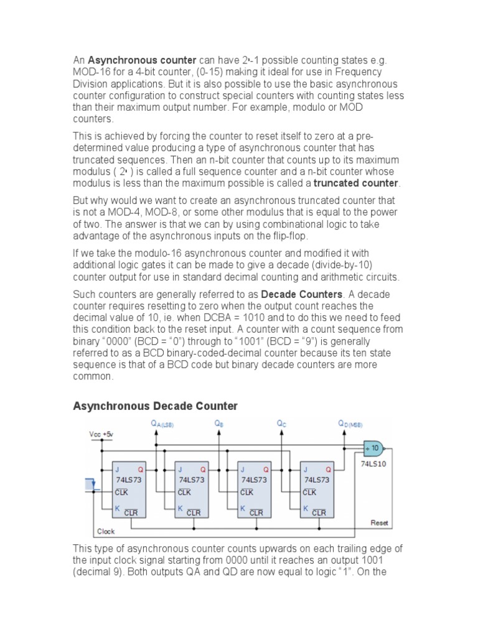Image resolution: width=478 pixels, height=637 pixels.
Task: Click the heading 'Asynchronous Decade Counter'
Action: click(155, 406)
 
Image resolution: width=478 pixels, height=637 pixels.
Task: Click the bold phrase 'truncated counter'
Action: click(355, 183)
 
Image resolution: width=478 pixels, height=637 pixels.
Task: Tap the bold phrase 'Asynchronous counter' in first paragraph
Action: click(142, 60)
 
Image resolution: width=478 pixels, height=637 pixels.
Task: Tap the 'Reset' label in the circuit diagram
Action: click(380, 523)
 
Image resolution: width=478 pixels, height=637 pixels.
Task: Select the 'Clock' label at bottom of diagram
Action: click(106, 532)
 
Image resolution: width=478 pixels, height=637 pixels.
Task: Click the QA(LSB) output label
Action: click(164, 424)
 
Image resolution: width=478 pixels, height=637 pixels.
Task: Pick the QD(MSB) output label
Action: click(350, 424)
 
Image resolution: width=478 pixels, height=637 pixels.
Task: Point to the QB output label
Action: click(218, 423)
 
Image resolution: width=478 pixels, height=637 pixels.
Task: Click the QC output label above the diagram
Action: click(281, 423)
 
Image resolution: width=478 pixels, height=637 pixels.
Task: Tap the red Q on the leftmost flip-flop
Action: click(141, 470)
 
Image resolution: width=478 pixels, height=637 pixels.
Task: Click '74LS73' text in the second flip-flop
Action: click(192, 480)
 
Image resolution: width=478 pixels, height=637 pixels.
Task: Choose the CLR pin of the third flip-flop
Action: click(256, 513)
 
